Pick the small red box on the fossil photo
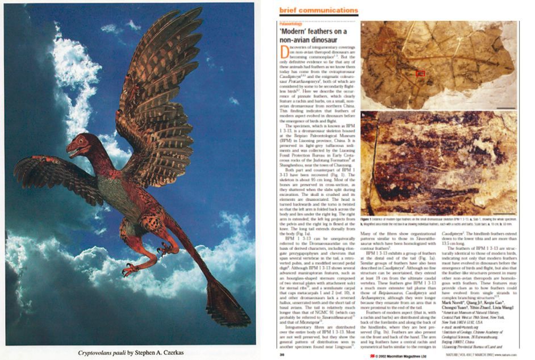coord(421,73)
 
